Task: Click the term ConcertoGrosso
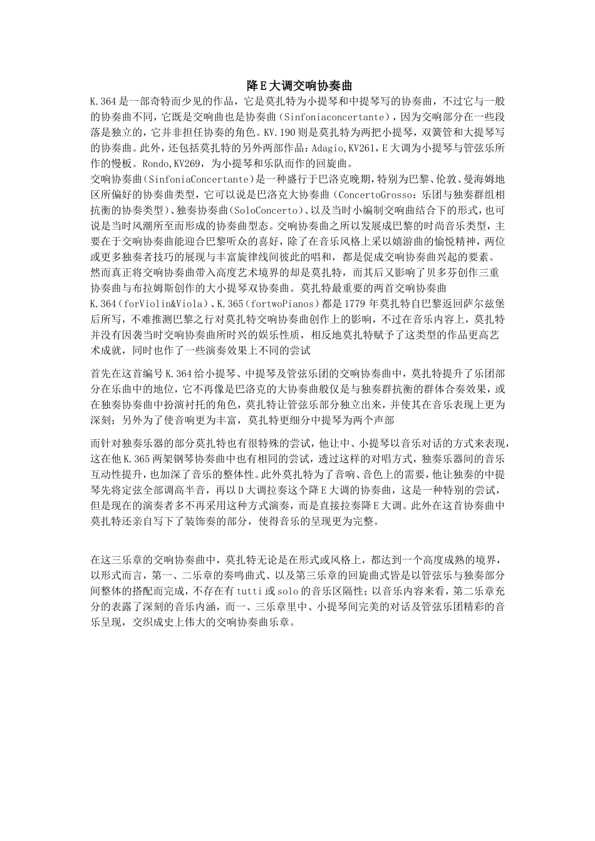pos(373,195)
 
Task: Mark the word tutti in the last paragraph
pos(246,591)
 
